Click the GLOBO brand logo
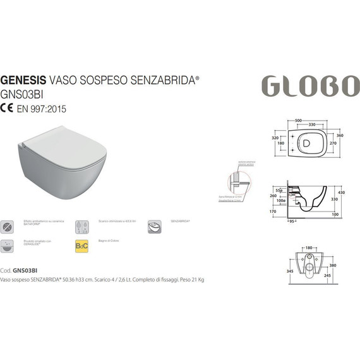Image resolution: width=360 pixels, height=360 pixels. click(x=309, y=85)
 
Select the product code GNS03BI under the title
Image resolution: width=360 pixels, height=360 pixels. click(x=20, y=95)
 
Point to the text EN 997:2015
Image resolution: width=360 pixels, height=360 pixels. click(x=42, y=108)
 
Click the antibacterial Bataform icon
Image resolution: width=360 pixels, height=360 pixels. click(x=6, y=226)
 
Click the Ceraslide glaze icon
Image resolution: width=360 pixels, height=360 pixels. click(x=6, y=245)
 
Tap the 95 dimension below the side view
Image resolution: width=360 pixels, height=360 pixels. click(x=292, y=222)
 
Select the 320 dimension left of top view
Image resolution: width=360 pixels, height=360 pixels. click(x=275, y=136)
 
